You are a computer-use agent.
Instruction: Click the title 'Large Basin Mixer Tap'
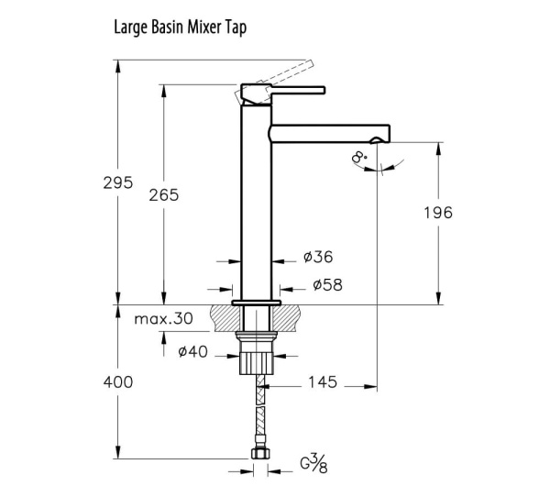click(x=181, y=28)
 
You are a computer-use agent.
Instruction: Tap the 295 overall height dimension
click(x=118, y=182)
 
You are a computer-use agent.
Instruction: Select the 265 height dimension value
click(x=164, y=195)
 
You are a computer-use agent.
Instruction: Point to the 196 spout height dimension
click(x=438, y=213)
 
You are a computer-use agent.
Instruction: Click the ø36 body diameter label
click(x=318, y=257)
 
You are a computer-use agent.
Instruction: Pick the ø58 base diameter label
click(x=327, y=284)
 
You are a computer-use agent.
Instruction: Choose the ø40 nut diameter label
click(x=192, y=351)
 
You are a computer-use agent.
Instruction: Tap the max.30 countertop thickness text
click(x=164, y=318)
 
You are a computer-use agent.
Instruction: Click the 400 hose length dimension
click(x=118, y=382)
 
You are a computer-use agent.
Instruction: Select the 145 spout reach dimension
click(x=323, y=382)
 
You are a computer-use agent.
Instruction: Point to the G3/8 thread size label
click(x=313, y=464)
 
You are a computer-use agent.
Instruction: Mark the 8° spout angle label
click(x=359, y=157)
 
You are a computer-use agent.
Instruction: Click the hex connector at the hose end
click(x=260, y=453)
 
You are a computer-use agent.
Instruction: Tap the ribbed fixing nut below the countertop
click(x=257, y=363)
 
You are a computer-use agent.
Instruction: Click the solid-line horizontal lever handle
click(x=298, y=90)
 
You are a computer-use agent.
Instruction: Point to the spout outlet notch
click(x=376, y=140)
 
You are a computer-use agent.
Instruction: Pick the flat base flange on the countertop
click(x=257, y=303)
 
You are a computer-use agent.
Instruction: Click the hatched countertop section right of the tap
click(x=286, y=318)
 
